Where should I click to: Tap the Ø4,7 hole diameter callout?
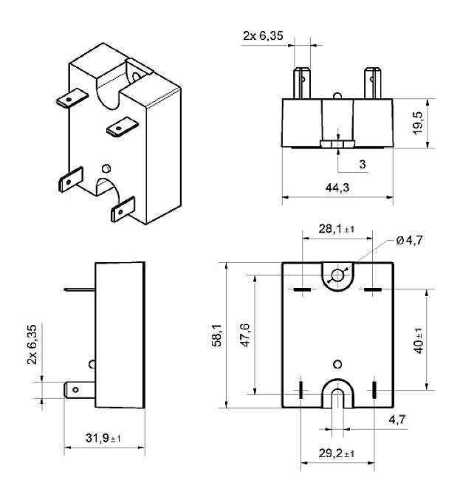point(411,240)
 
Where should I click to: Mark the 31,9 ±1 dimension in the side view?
point(103,439)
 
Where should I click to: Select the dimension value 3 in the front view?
point(363,164)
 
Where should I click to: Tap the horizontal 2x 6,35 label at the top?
point(262,34)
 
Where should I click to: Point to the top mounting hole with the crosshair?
point(338,276)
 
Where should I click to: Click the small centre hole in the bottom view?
point(338,364)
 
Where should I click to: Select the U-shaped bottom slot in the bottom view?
point(338,395)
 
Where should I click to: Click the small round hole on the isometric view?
point(108,167)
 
